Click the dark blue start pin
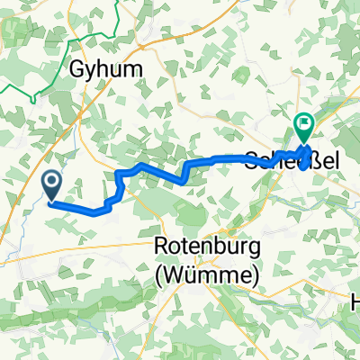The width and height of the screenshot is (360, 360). coord(52,186)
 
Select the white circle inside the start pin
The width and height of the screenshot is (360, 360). coord(52,183)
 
